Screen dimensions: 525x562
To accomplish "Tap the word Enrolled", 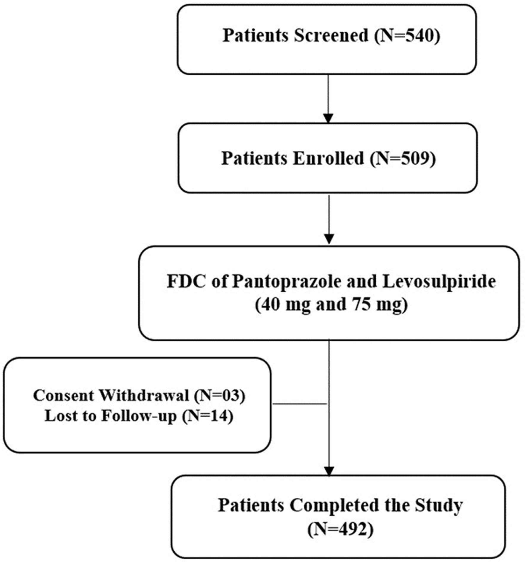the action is coord(328,158).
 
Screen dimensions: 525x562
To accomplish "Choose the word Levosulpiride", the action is coord(439,281).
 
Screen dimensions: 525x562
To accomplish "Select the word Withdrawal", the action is coord(144,395).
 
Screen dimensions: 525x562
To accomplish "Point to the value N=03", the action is coord(220,395).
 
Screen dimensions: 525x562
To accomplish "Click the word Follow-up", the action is coord(139,416).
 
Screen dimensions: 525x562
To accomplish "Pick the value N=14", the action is coord(208,415).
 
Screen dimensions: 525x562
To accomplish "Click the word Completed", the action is coord(334,505).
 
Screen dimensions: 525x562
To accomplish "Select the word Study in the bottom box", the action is coord(438,506).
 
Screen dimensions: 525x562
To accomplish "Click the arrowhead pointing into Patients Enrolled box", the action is coord(328,118).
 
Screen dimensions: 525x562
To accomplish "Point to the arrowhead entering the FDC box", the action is coord(329,239).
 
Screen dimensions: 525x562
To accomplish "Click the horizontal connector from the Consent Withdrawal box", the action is coord(300,404).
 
